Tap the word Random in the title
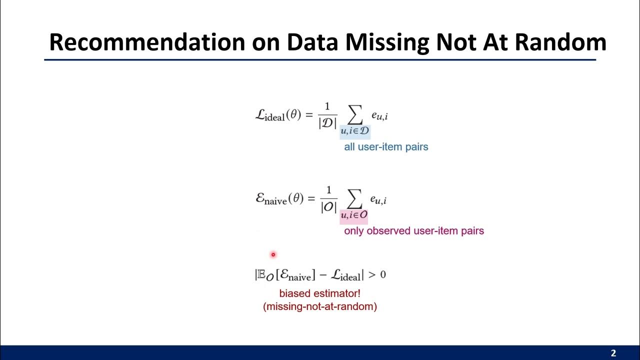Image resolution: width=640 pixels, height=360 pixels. click(560, 43)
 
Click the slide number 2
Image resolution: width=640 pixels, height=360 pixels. click(613, 353)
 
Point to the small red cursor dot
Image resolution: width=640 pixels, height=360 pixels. click(273, 255)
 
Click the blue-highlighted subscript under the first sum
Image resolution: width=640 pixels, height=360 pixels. click(355, 131)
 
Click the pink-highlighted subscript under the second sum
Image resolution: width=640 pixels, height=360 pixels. click(354, 215)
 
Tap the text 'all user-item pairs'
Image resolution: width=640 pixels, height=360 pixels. click(386, 147)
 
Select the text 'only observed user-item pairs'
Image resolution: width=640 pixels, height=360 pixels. click(414, 231)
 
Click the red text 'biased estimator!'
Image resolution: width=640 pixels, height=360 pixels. click(319, 293)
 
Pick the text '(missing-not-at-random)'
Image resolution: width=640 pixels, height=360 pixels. click(320, 306)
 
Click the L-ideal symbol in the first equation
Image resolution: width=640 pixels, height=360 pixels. click(270, 115)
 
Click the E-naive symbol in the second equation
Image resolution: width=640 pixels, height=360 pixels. click(271, 199)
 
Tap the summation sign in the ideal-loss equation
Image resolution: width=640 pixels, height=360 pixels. click(354, 115)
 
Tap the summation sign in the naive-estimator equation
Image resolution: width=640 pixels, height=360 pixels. click(354, 199)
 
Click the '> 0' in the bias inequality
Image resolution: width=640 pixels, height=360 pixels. click(377, 274)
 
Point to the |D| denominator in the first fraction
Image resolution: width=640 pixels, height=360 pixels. click(327, 123)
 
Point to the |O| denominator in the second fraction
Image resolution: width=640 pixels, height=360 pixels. click(328, 207)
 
